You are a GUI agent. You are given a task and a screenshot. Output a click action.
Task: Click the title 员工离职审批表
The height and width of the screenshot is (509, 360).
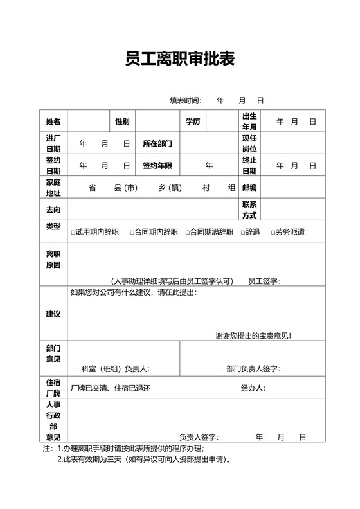pyautogui.click(x=180, y=60)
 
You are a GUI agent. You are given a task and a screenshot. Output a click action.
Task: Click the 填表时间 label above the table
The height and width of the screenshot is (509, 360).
pyautogui.click(x=185, y=100)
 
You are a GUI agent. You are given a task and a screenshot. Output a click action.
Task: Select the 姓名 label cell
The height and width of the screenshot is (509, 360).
pyautogui.click(x=53, y=121)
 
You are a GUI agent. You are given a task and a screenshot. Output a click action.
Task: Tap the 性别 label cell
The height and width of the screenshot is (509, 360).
pyautogui.click(x=122, y=121)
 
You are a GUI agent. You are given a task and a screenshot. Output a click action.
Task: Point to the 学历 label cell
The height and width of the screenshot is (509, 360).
pyautogui.click(x=192, y=121)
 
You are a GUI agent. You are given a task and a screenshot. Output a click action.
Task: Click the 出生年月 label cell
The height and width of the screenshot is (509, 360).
pyautogui.click(x=249, y=121)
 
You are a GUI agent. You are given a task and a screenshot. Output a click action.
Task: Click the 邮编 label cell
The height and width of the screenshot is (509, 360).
pyautogui.click(x=249, y=188)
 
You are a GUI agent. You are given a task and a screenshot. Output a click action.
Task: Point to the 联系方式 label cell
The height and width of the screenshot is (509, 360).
pyautogui.click(x=249, y=210)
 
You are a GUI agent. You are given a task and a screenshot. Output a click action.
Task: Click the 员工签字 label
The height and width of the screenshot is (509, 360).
pyautogui.click(x=264, y=281)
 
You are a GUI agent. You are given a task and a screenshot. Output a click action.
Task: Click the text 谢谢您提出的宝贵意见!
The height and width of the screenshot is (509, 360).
pyautogui.click(x=253, y=335)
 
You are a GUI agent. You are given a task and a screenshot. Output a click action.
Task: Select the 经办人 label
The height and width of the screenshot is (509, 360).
pyautogui.click(x=253, y=388)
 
